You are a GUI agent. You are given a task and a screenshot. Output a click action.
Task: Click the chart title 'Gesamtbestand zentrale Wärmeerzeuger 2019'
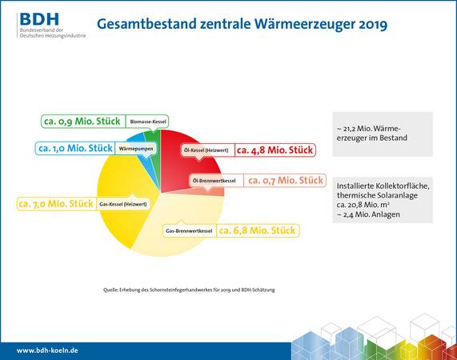pyautogui.click(x=241, y=25)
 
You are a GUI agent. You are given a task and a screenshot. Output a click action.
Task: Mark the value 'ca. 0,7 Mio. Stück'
pyautogui.click(x=283, y=181)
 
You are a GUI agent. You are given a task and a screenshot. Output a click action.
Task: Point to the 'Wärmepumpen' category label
pyautogui.click(x=136, y=149)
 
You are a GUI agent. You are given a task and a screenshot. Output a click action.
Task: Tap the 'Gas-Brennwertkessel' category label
pyautogui.click(x=188, y=231)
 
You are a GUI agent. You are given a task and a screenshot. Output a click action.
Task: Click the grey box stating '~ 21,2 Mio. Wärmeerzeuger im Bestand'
pyautogui.click(x=383, y=132)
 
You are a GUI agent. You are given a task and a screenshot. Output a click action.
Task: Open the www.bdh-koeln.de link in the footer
pyautogui.click(x=47, y=350)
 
